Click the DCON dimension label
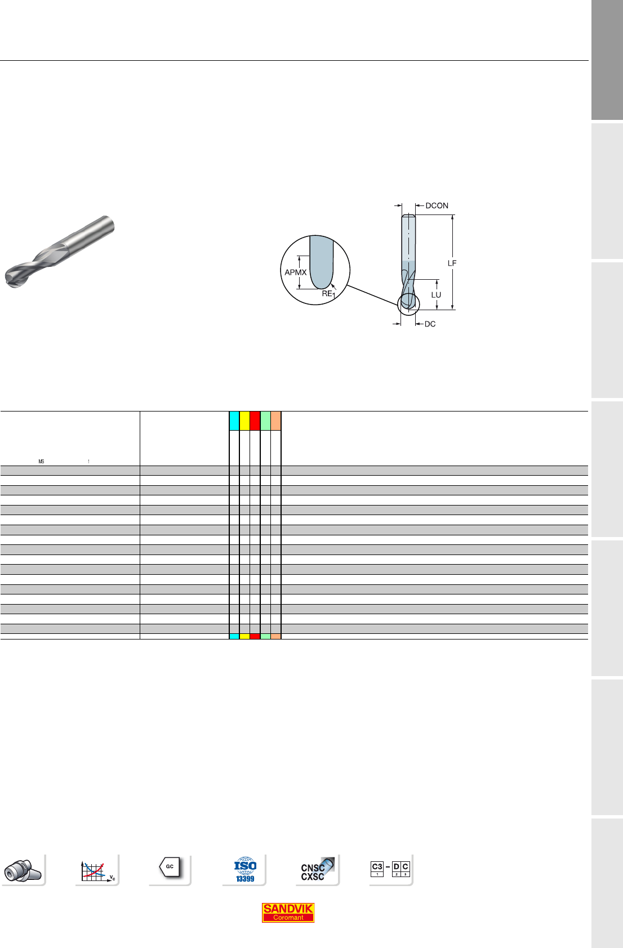[x=437, y=205]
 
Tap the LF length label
[x=452, y=263]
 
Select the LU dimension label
[x=436, y=295]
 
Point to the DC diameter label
[x=430, y=324]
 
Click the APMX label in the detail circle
[x=295, y=272]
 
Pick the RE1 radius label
[x=328, y=294]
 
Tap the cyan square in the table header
[x=234, y=421]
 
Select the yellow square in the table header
[x=244, y=421]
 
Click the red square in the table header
[x=255, y=421]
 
